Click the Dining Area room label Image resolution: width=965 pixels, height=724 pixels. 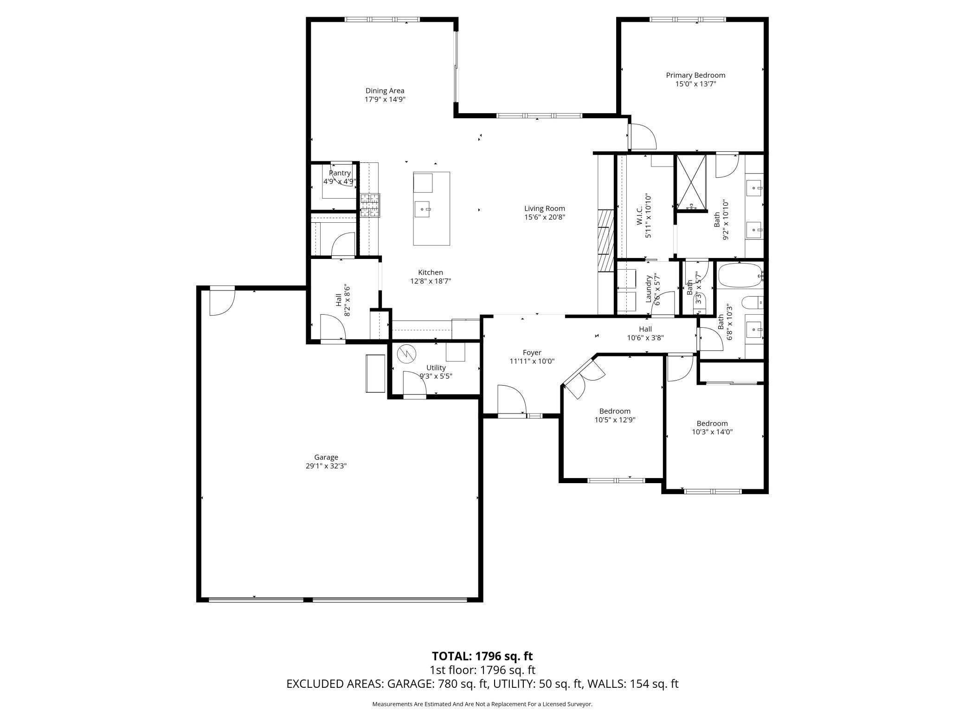coord(385,91)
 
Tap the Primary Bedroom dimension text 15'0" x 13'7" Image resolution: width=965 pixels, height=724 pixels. coord(695,84)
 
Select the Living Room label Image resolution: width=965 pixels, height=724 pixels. coord(544,208)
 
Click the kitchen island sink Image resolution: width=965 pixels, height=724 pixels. coord(423,210)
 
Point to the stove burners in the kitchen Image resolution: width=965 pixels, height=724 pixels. coord(370,205)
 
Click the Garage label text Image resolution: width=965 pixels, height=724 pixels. coord(326,457)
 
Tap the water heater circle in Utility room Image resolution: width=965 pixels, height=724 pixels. coord(406,355)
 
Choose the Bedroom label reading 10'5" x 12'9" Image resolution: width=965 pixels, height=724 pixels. coord(615,420)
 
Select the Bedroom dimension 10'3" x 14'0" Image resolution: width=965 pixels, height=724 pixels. coord(712,432)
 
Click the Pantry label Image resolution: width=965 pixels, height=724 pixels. coord(340,173)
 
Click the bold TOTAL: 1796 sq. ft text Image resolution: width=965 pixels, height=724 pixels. coord(482,656)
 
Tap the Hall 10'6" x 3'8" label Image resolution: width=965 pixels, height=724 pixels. coord(645,333)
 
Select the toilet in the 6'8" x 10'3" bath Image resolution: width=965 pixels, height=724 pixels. coord(751,303)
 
